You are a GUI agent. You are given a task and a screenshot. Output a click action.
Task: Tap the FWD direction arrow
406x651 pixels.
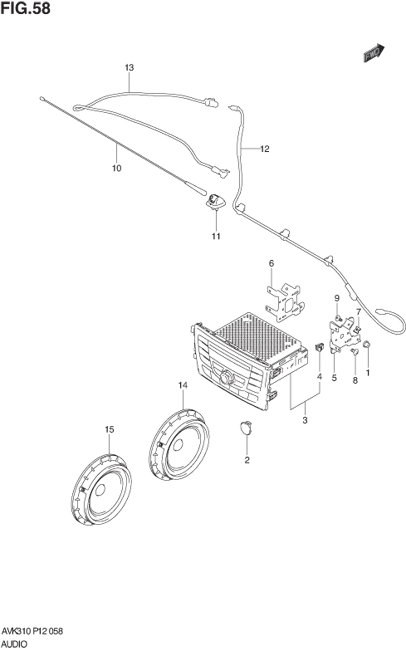(374, 53)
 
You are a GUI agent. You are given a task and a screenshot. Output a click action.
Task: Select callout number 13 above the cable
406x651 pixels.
(129, 68)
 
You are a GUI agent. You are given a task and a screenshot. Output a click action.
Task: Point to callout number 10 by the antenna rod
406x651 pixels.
(117, 168)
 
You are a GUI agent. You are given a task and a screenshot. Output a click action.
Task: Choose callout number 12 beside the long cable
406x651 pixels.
(265, 149)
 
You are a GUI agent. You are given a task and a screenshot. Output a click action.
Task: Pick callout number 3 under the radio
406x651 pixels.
(305, 420)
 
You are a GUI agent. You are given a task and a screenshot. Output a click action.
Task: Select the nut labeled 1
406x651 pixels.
(367, 344)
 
